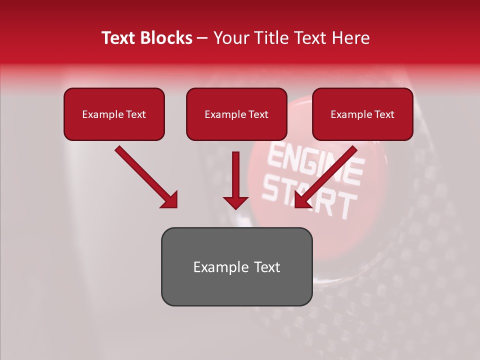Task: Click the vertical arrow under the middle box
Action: (235, 180)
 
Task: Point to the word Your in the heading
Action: (229, 38)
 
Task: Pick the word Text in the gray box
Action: (266, 267)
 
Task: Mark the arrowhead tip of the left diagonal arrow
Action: (176, 207)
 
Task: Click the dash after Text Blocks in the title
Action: (202, 38)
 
